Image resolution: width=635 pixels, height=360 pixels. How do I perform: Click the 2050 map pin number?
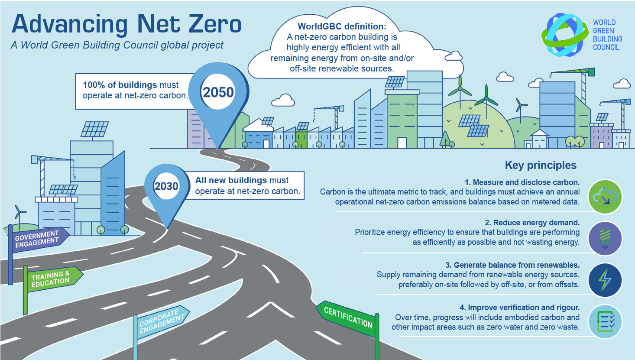pyautogui.click(x=218, y=92)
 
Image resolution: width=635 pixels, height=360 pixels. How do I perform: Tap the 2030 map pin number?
pyautogui.click(x=166, y=186)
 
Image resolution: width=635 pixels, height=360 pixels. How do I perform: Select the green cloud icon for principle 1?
pyautogui.click(x=605, y=196)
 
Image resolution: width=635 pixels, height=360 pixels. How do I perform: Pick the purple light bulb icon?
pyautogui.click(x=605, y=238)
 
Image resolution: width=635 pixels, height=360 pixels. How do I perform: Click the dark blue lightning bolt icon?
pyautogui.click(x=605, y=280)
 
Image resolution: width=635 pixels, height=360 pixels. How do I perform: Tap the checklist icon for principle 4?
pyautogui.click(x=605, y=321)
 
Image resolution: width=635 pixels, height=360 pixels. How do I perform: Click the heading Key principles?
pyautogui.click(x=541, y=165)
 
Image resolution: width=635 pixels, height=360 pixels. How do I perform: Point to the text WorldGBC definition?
pyautogui.click(x=342, y=26)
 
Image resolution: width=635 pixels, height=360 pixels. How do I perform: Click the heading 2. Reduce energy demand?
pyautogui.click(x=532, y=223)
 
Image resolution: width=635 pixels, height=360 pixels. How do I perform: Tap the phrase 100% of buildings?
pyautogui.click(x=120, y=85)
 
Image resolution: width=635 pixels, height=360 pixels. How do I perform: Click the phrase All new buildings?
pyautogui.click(x=231, y=180)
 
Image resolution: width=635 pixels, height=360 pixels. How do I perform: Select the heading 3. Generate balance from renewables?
pyautogui.click(x=512, y=265)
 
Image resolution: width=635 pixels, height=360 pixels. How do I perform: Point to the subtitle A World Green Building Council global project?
pyautogui.click(x=117, y=45)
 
